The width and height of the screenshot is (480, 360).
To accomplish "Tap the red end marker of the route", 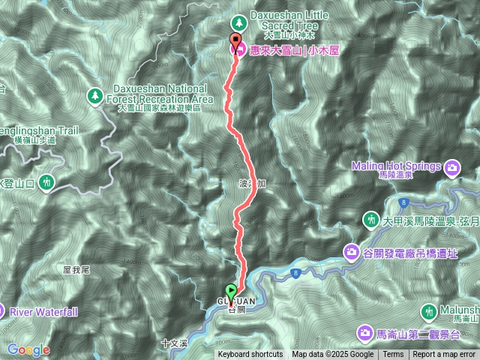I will point(237,43).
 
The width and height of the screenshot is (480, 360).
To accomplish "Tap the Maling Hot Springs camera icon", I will point(453,166).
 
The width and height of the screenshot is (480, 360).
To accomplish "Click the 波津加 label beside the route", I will point(248,183).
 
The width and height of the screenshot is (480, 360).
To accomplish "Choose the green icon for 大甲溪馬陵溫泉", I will point(371,220).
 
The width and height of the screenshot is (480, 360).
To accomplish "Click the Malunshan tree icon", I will point(430,310).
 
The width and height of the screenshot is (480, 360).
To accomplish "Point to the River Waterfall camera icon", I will point(3,310).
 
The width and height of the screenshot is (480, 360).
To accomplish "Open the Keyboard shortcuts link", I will point(250,355).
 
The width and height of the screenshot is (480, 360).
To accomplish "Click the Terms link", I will point(393,355).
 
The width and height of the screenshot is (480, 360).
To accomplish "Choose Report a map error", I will point(444,355).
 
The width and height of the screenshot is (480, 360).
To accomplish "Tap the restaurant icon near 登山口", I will point(46,182).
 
